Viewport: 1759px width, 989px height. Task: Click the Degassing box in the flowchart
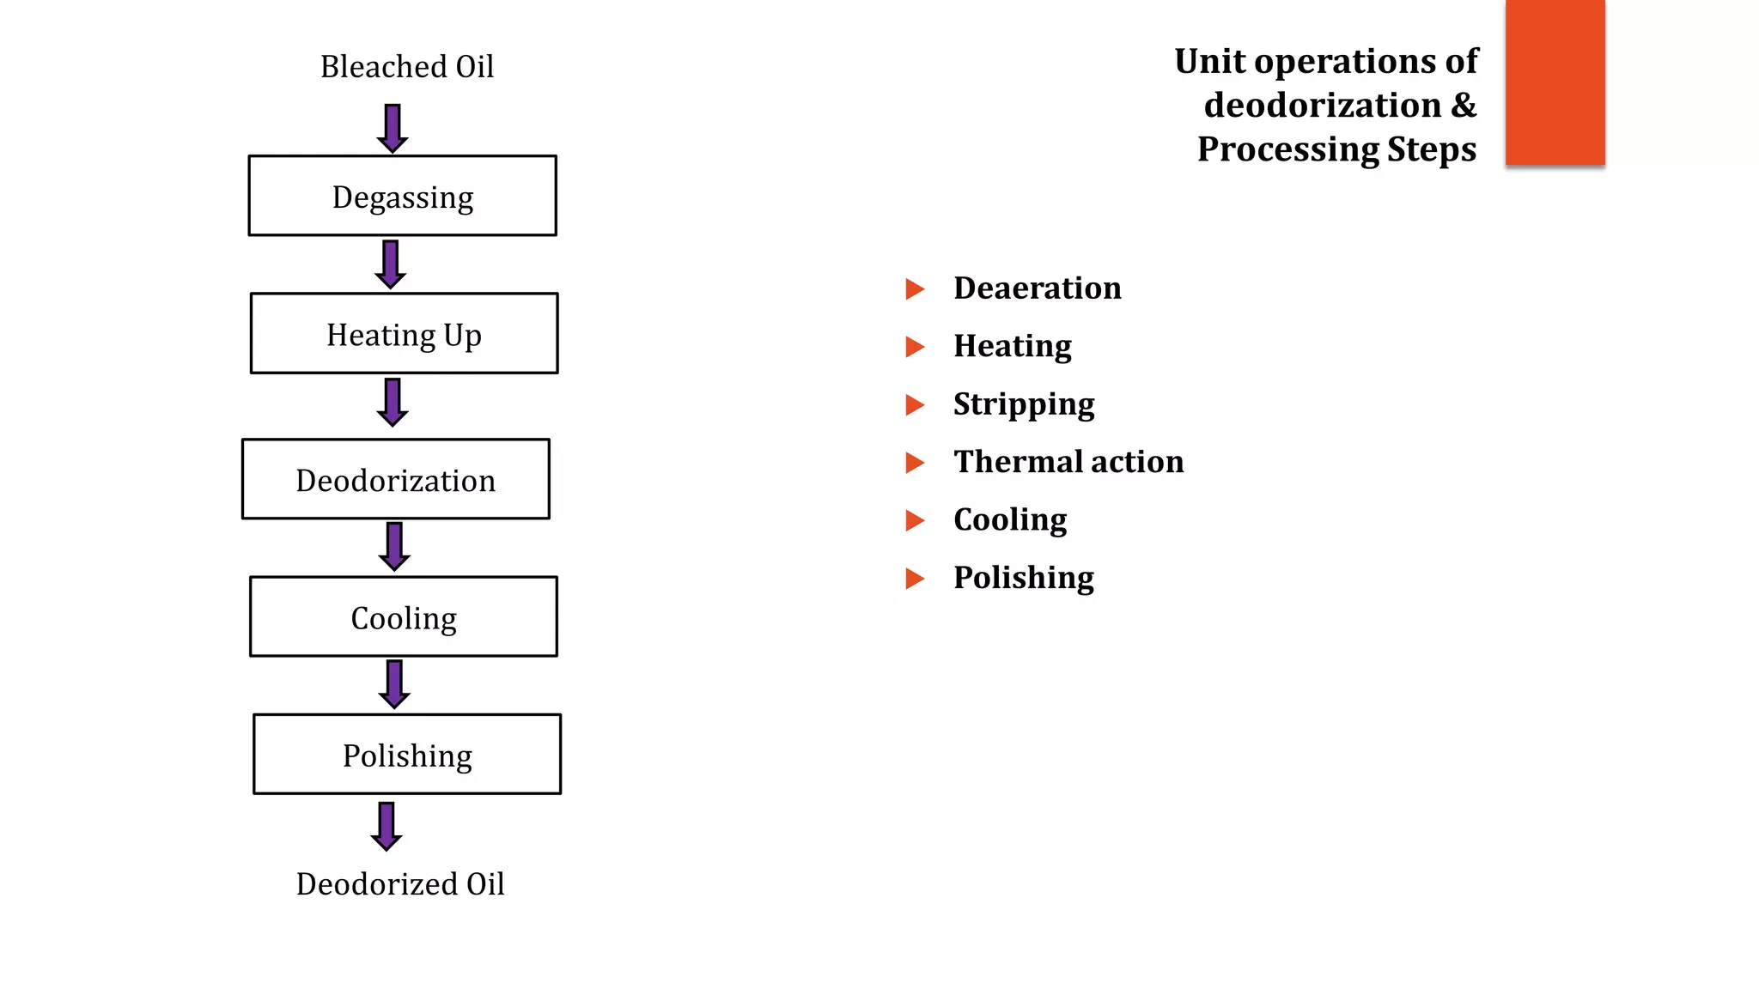402,196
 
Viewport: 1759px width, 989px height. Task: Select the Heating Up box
404,334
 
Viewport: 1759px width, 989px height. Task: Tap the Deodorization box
395,479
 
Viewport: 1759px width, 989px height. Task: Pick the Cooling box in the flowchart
403,616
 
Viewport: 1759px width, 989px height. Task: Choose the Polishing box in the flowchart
406,755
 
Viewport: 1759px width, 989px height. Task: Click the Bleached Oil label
407,67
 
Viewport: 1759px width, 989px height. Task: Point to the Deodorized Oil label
400,884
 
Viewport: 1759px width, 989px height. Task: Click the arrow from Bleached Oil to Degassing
393,128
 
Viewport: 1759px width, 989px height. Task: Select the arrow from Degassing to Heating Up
391,264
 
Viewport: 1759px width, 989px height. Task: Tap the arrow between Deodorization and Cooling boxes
394,546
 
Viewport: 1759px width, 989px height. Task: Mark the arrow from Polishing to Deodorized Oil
386,826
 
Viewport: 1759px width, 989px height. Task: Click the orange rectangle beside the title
1555,82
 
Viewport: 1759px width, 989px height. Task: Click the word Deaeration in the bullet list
1038,288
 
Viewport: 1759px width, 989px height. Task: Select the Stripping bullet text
1024,404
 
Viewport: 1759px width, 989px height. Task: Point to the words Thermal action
1068,462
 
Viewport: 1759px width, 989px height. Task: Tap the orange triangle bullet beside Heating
915,347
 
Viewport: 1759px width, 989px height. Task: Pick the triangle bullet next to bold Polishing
915,579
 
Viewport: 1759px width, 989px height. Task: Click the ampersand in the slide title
1464,106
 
